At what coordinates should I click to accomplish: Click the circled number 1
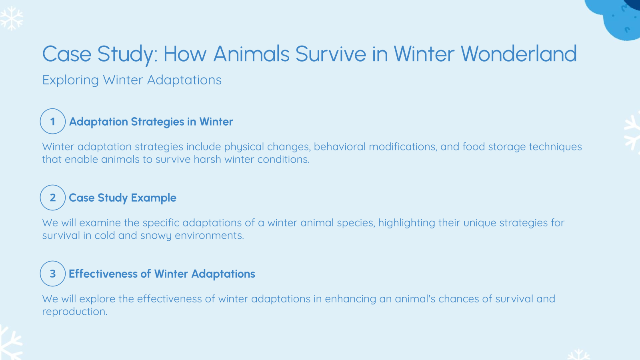(52, 121)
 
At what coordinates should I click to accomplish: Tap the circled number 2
(52, 198)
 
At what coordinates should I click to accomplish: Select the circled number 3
(52, 274)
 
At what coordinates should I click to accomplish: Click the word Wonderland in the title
(518, 54)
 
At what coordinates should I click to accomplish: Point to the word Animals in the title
(251, 54)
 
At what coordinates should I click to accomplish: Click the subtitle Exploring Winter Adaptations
(132, 80)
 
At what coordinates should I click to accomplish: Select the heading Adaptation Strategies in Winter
(151, 122)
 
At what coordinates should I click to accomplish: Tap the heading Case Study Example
(122, 198)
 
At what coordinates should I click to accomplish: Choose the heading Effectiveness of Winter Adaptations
(162, 274)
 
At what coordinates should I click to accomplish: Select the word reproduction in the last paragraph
(74, 312)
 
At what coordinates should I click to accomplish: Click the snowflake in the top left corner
(11, 18)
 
